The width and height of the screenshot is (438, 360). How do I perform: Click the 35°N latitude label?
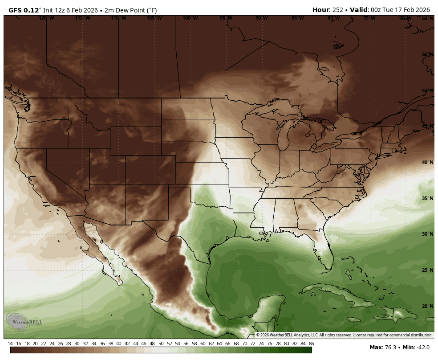point(427,198)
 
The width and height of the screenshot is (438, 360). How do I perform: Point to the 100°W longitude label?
point(190,18)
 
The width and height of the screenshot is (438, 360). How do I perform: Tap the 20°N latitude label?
point(427,306)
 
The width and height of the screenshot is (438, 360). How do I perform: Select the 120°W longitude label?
point(46,18)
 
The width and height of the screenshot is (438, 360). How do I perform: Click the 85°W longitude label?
point(297,18)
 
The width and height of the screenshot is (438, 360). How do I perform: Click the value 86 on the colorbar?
point(311,344)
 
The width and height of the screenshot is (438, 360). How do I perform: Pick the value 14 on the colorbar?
point(10,344)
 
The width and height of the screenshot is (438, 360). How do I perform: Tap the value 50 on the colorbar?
point(161,344)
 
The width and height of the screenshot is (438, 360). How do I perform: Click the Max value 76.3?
point(391,348)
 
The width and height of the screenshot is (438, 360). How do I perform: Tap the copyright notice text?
point(344,335)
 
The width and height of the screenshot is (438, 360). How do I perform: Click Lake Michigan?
point(282,136)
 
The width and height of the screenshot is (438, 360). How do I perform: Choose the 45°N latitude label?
point(427,127)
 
